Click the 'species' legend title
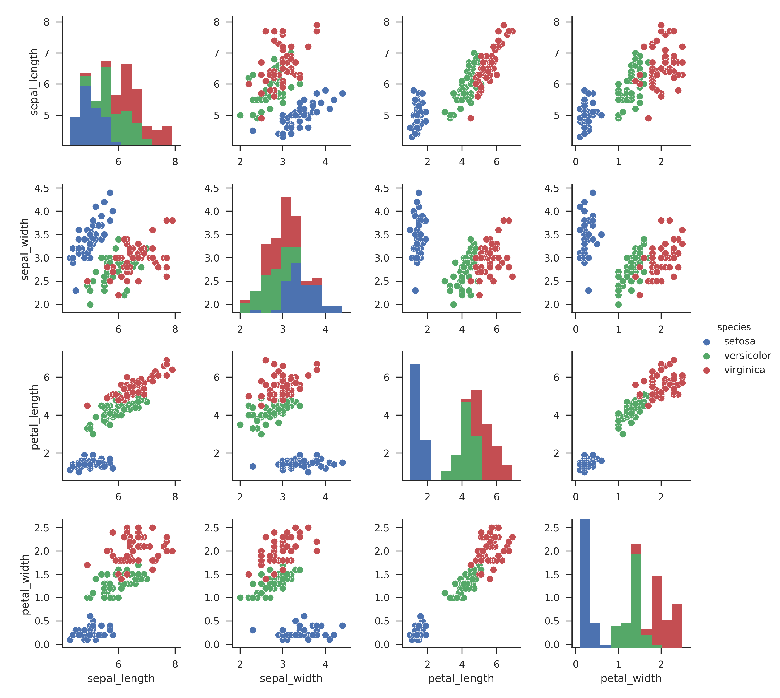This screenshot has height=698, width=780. [734, 327]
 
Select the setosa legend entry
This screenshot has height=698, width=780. [739, 341]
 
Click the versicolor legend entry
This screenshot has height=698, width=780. [747, 356]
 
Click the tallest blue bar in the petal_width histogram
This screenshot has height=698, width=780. [585, 583]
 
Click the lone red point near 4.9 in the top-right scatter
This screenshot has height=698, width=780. [648, 118]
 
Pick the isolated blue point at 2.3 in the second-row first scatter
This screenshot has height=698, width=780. [75, 290]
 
